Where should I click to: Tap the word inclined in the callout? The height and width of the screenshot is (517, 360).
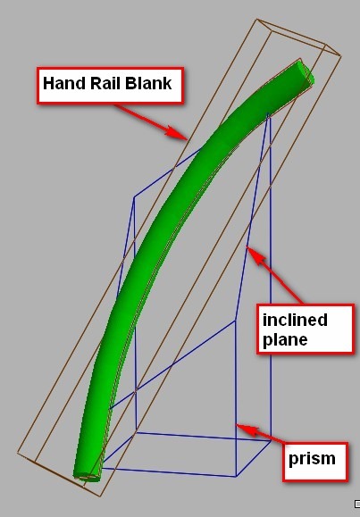295,320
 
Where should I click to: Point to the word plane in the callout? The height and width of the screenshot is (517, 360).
285,340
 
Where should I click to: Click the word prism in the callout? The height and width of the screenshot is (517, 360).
312,459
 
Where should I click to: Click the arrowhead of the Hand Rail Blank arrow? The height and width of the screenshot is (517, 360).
178,134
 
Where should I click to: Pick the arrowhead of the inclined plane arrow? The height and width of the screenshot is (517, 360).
255,255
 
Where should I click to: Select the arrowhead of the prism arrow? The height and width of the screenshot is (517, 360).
247,429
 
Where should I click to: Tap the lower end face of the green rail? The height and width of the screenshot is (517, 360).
87,477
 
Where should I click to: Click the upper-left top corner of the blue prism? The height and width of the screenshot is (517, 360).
134,197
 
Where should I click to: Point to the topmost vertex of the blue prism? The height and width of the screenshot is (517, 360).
268,115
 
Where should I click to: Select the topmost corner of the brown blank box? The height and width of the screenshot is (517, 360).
257,19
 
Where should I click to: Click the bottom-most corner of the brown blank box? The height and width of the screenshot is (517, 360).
99,496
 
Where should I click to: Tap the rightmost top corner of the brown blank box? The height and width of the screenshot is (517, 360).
341,56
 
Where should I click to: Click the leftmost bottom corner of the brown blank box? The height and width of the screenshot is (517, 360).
17,453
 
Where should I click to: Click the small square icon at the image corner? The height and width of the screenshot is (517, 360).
357,504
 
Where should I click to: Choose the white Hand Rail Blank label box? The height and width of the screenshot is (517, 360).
110,86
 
